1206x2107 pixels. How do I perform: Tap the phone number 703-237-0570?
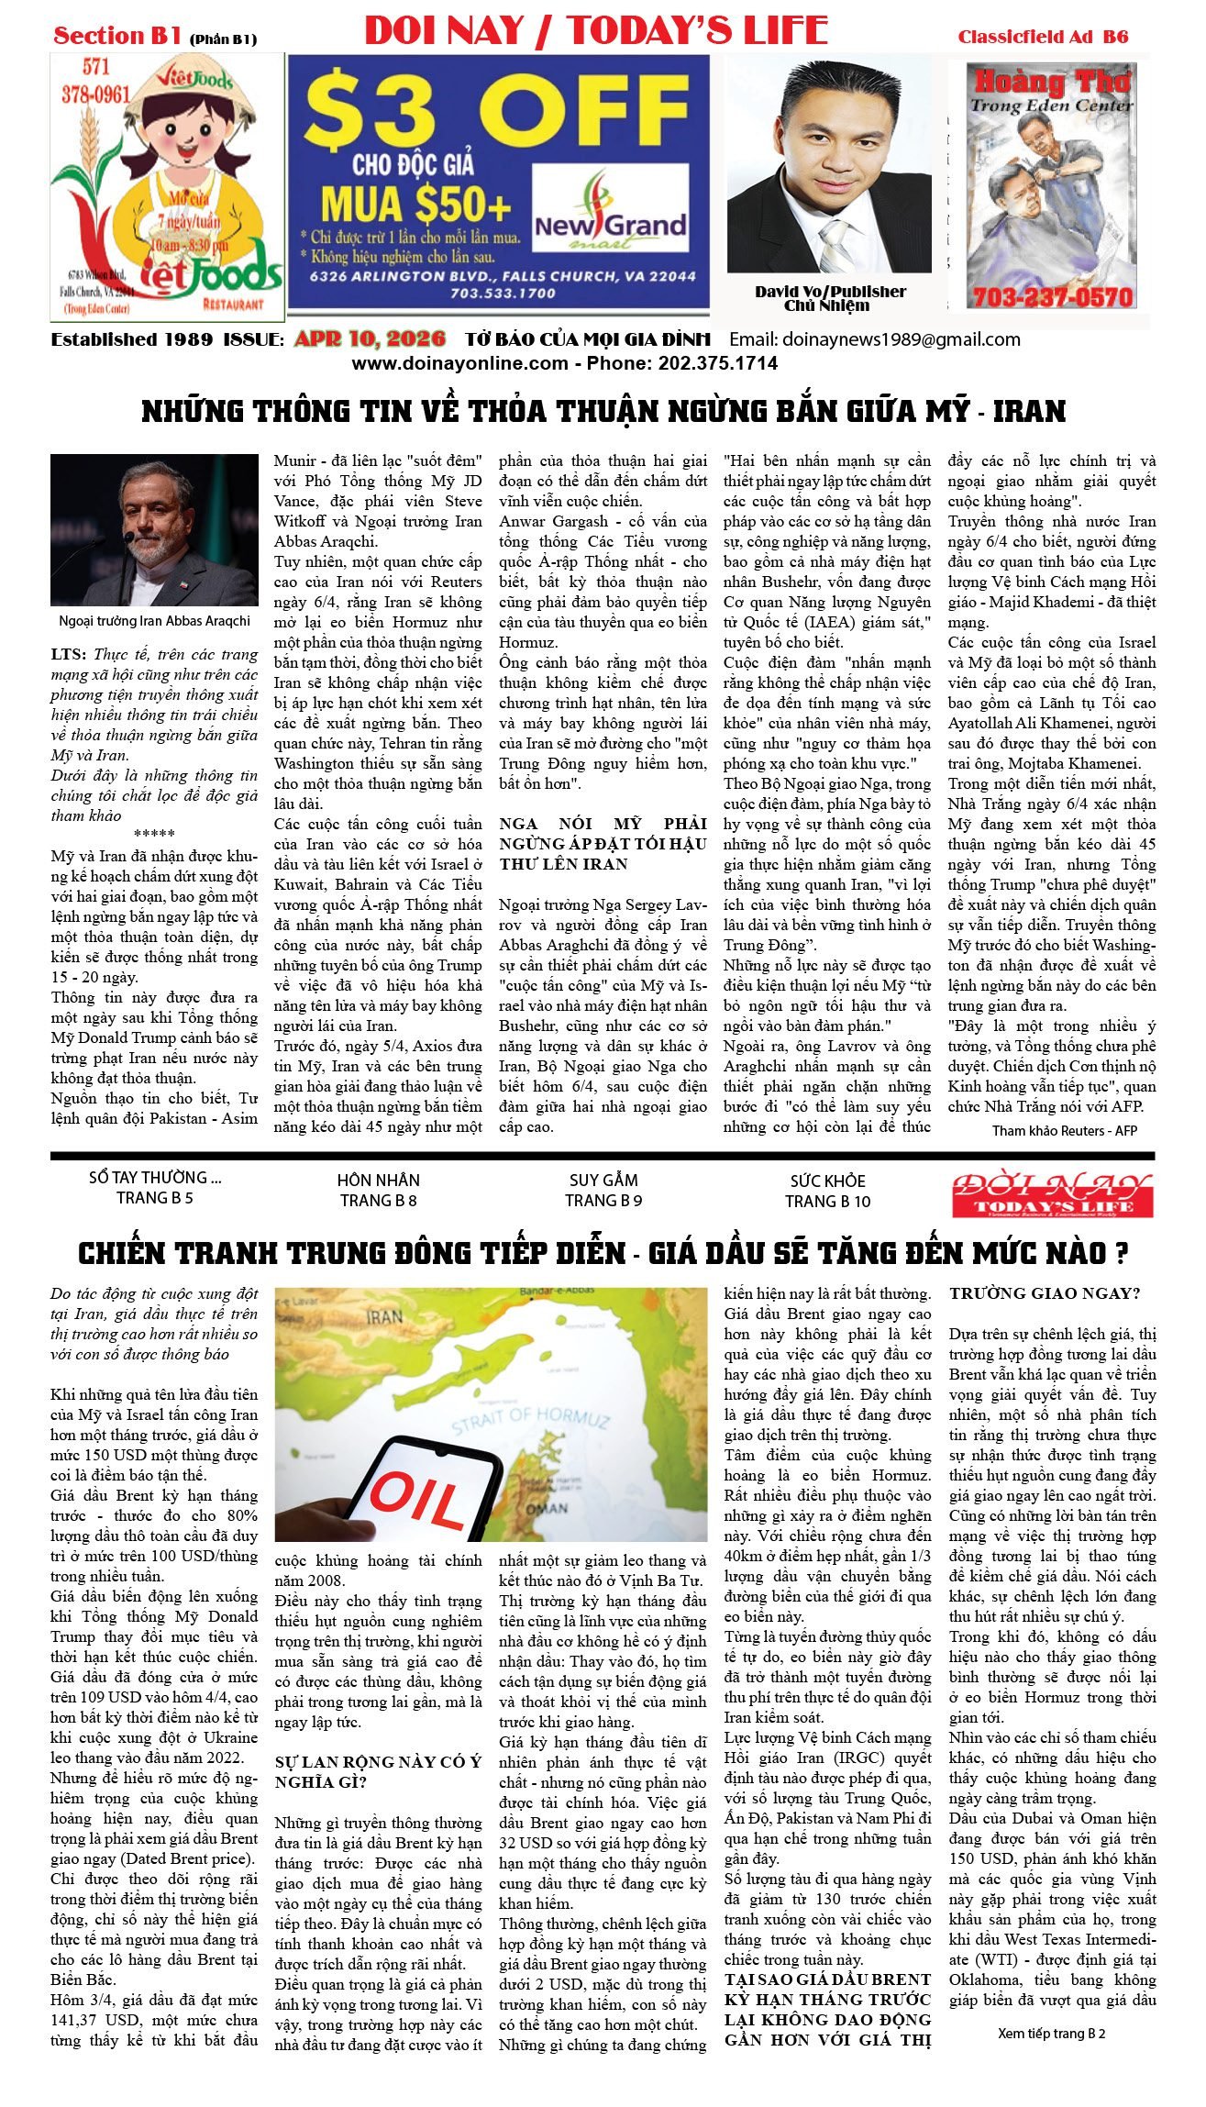click(x=1052, y=297)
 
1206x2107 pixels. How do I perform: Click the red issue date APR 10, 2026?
click(x=370, y=339)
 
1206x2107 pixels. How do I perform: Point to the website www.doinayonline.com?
click(x=459, y=363)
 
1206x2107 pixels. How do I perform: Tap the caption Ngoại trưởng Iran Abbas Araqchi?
click(x=154, y=621)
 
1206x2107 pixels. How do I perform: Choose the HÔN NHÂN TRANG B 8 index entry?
click(x=379, y=1191)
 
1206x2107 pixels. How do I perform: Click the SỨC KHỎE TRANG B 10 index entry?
click(x=828, y=1191)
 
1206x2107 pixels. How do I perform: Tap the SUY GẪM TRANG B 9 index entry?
click(x=603, y=1191)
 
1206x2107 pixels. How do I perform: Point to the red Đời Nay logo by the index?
click(x=1052, y=1194)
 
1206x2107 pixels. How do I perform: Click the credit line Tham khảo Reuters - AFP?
click(x=1064, y=1131)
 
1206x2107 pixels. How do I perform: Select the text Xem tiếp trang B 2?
click(x=1051, y=2034)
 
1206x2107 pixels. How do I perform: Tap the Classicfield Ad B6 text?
click(x=1043, y=38)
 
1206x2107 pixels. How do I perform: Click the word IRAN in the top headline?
click(x=1029, y=411)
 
